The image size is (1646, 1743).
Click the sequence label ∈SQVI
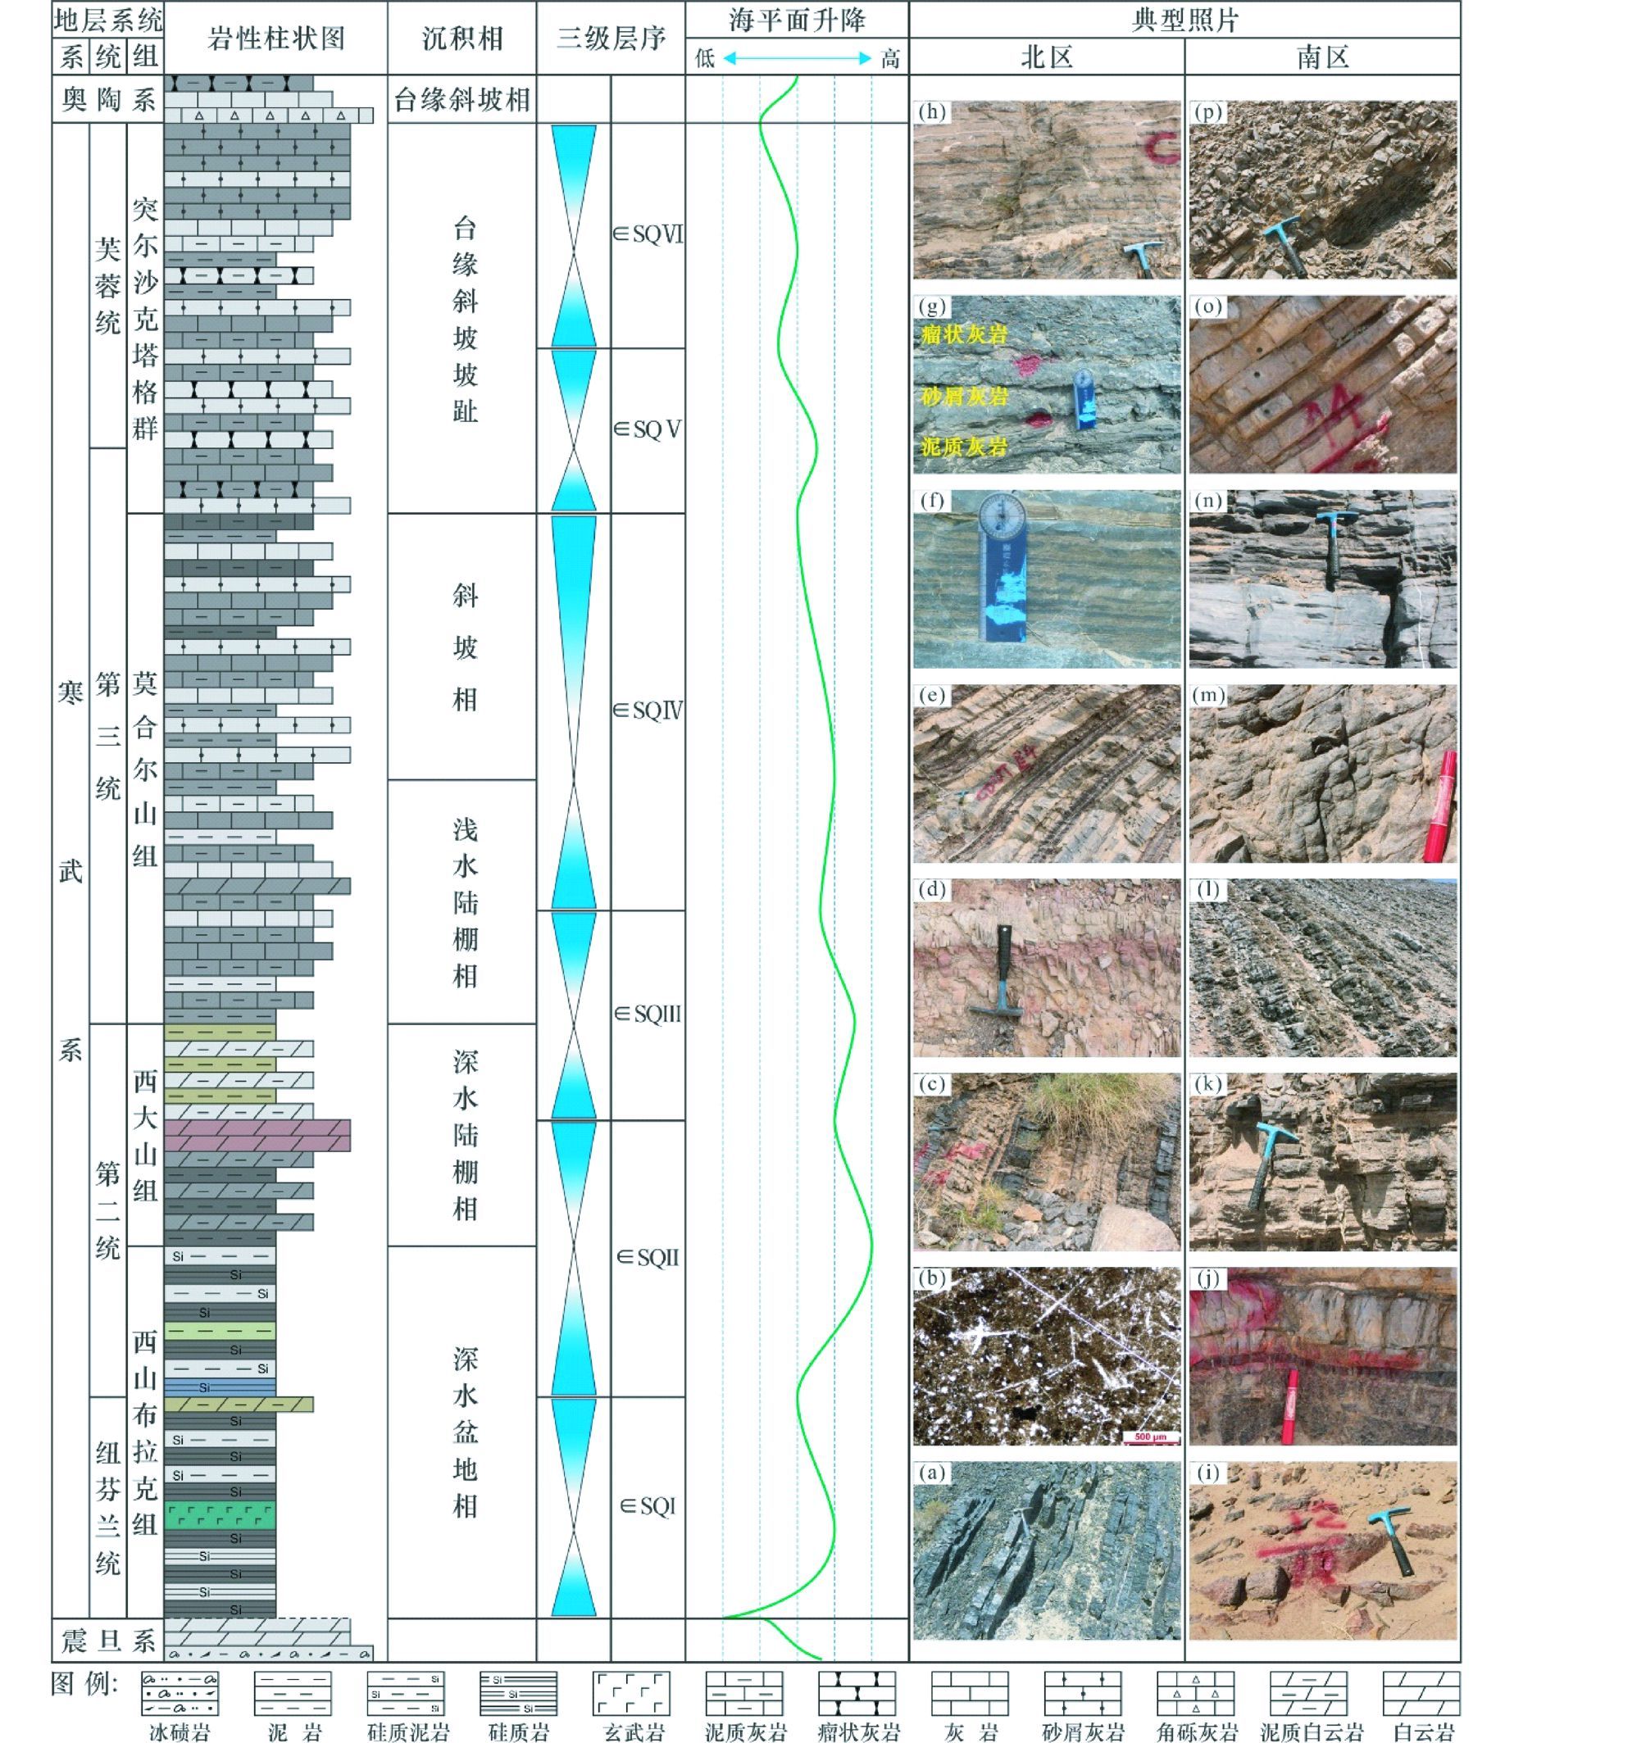coord(648,234)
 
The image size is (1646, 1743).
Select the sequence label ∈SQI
coord(648,1506)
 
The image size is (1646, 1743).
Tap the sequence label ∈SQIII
coord(648,1014)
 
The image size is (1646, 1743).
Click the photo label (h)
coord(931,112)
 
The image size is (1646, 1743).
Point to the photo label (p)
coord(1208,112)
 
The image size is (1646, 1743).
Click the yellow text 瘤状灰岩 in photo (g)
coord(964,334)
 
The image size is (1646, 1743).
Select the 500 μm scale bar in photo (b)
coord(1149,1436)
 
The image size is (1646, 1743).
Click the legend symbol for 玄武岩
coord(632,1692)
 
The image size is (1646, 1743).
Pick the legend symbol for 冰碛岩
coord(180,1692)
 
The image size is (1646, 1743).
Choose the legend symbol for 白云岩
coord(1421,1692)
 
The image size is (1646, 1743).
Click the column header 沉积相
coord(462,39)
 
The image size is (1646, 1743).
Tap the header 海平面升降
coord(797,20)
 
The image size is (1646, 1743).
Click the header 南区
coord(1322,58)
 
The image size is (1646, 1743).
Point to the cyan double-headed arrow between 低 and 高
coord(797,59)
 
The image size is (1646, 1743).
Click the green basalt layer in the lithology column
coord(221,1515)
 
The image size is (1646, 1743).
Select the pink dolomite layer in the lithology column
coord(257,1135)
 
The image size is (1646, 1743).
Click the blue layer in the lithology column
coord(221,1387)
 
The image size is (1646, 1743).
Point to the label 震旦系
coord(108,1641)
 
